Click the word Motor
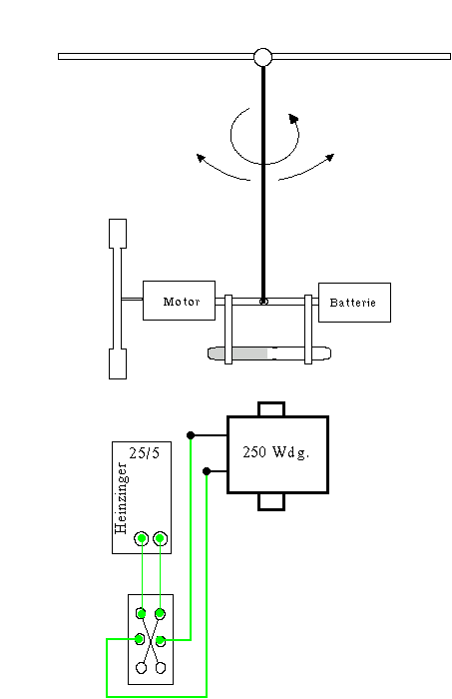pos(182,302)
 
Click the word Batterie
pos(352,303)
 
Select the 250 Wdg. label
pos(276,452)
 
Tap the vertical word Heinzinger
pos(121,498)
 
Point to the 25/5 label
pos(145,453)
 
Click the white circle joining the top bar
pos(262,57)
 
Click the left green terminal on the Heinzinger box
pos(142,538)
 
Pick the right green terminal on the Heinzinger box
pos(160,538)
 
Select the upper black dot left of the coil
pos(191,435)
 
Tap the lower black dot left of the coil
pos(207,471)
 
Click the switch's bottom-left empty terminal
pos(141,667)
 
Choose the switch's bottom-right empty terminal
pos(161,667)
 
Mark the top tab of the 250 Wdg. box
pos(271,409)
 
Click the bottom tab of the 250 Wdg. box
pos(271,501)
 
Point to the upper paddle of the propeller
pos(118,233)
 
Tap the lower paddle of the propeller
pos(118,363)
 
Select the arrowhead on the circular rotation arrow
pos(293,118)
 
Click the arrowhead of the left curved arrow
pos(201,158)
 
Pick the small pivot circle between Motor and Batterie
pos(263,302)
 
